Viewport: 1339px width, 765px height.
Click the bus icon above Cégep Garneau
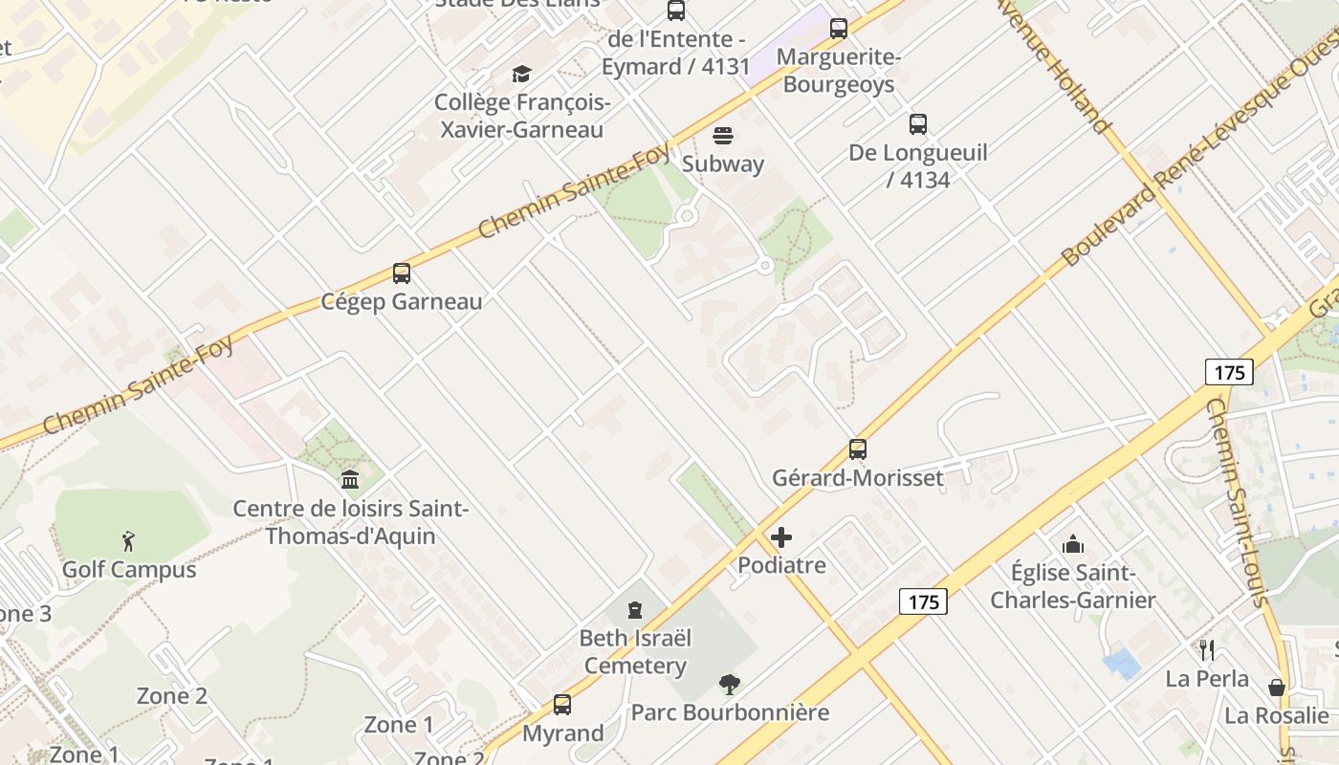pos(402,274)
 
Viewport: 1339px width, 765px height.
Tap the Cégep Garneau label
pos(402,302)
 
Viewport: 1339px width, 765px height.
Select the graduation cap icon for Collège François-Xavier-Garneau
pos(521,75)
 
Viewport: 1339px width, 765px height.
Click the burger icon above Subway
pos(723,136)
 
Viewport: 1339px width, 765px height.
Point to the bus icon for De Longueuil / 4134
pos(918,124)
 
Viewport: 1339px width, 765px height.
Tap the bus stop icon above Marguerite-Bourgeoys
pos(839,29)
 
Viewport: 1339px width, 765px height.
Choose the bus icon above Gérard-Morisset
pos(858,449)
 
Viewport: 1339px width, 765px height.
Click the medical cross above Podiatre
pos(781,537)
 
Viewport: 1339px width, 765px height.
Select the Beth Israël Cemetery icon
pos(635,610)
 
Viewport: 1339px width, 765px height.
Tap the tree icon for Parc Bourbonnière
pos(730,685)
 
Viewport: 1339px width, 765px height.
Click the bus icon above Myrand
pos(562,706)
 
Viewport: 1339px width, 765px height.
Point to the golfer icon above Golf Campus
pos(129,541)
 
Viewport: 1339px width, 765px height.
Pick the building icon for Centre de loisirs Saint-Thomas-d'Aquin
pos(350,479)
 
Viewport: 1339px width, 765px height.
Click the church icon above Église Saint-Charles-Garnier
pos(1073,545)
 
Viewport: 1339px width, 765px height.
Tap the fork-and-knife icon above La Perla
pos(1207,650)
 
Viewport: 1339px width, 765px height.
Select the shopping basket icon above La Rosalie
pos(1277,688)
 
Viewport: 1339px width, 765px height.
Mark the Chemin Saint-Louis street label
pos(1238,502)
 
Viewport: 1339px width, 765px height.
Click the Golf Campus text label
pos(129,570)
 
